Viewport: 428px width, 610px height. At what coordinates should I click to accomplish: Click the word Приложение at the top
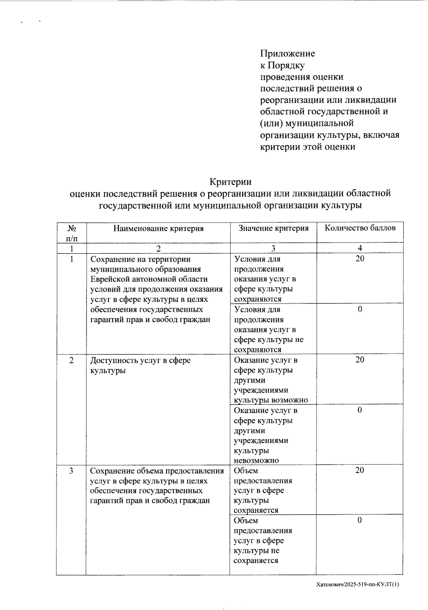pos(287,54)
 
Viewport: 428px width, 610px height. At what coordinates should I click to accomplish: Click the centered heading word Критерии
pos(230,182)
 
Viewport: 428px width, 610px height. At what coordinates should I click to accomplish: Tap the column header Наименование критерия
pos(158,229)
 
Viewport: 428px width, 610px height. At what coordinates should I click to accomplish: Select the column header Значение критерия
pos(273,228)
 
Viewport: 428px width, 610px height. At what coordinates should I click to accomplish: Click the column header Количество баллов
pos(360,228)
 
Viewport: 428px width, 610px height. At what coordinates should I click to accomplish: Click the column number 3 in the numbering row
pos(273,248)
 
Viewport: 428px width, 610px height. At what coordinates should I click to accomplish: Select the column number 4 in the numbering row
pos(360,248)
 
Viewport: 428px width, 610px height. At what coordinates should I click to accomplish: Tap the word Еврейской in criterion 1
pos(108,279)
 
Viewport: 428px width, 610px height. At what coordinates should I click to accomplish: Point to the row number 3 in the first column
pos(72,471)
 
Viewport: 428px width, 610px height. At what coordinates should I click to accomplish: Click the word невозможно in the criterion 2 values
pos(256,461)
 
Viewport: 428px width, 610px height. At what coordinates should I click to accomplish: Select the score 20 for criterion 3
pos(360,471)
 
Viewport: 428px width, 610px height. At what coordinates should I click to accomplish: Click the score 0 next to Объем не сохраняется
pos(360,520)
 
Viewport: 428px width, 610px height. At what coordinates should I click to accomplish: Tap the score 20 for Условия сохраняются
pos(360,259)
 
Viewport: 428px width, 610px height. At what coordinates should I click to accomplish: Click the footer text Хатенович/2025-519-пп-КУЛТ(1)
pos(357,585)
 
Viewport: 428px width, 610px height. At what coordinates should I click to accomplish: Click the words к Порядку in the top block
pos(282,65)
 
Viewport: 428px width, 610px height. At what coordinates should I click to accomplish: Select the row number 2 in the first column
pos(72,360)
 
